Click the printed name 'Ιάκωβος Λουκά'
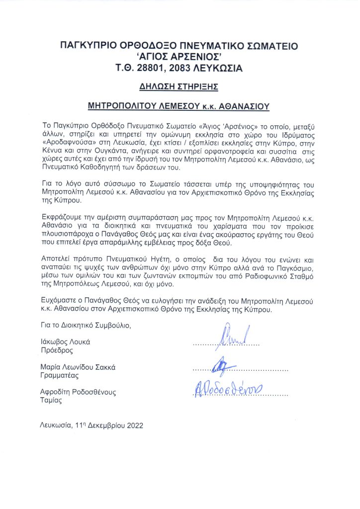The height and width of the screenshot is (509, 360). coord(65,342)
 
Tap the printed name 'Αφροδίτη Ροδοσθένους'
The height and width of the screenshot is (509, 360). coord(78,392)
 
